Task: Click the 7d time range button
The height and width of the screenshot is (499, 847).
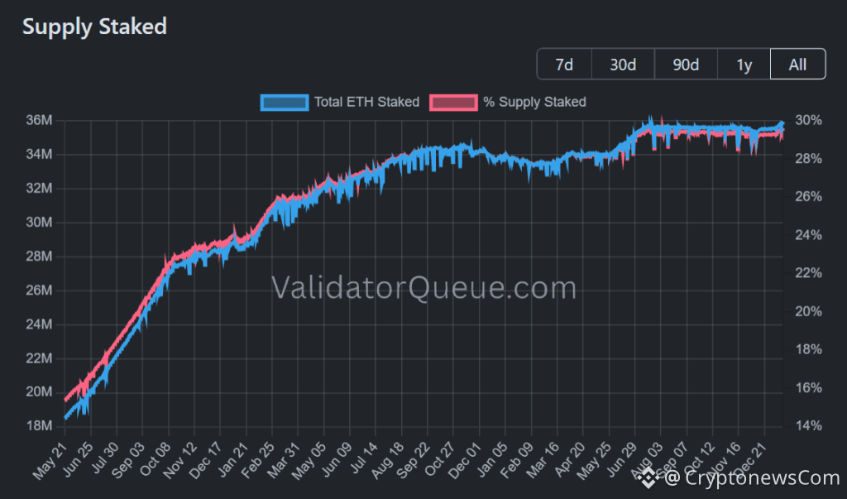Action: click(x=564, y=65)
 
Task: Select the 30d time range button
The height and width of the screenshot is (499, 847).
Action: click(x=623, y=65)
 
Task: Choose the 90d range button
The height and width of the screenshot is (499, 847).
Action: click(x=685, y=65)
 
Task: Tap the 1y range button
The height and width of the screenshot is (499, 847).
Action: click(x=744, y=65)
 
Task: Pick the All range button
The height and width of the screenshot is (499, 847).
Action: click(x=797, y=65)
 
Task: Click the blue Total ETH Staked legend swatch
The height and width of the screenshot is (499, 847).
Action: click(x=284, y=102)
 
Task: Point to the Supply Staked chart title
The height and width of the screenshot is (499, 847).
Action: click(x=94, y=26)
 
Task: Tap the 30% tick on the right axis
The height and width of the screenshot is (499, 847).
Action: click(x=809, y=121)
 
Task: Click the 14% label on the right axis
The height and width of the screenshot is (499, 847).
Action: click(x=809, y=426)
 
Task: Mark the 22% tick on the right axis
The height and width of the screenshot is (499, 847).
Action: click(x=809, y=273)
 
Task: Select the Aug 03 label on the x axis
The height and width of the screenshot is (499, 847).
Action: click(x=647, y=458)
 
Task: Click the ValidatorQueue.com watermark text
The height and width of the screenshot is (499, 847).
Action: click(x=423, y=288)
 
